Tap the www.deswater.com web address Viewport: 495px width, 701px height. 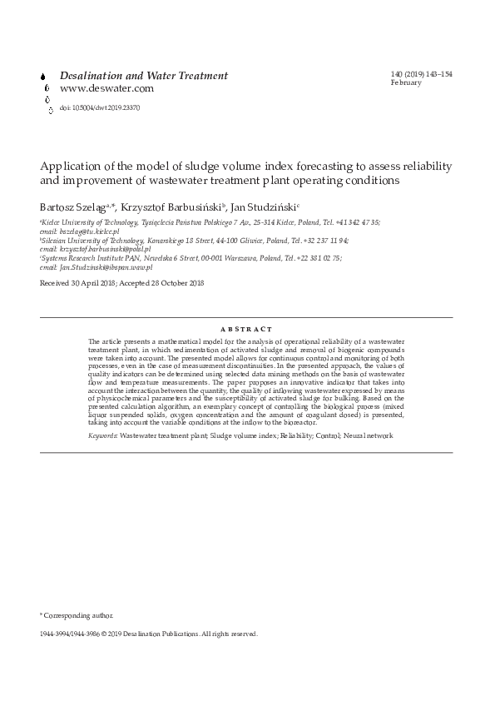click(x=106, y=88)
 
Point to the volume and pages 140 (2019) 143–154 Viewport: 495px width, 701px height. click(x=421, y=74)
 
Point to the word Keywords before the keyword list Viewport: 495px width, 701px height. click(x=102, y=435)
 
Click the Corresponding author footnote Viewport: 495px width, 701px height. click(x=77, y=615)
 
